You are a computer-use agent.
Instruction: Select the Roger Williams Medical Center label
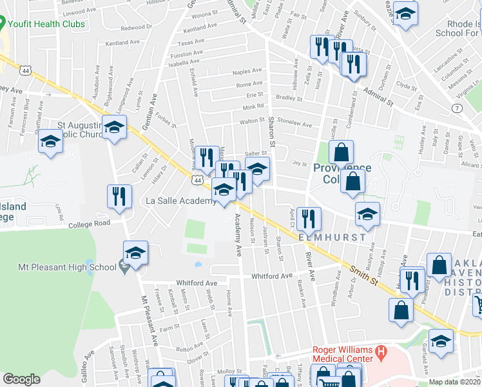tap(342, 353)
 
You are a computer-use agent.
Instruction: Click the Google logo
tap(22, 379)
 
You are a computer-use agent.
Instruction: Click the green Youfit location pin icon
tap(3, 25)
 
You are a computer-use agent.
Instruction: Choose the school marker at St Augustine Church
tap(114, 128)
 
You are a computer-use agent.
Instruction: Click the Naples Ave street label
tap(249, 70)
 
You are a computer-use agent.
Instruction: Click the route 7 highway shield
tap(457, 108)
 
